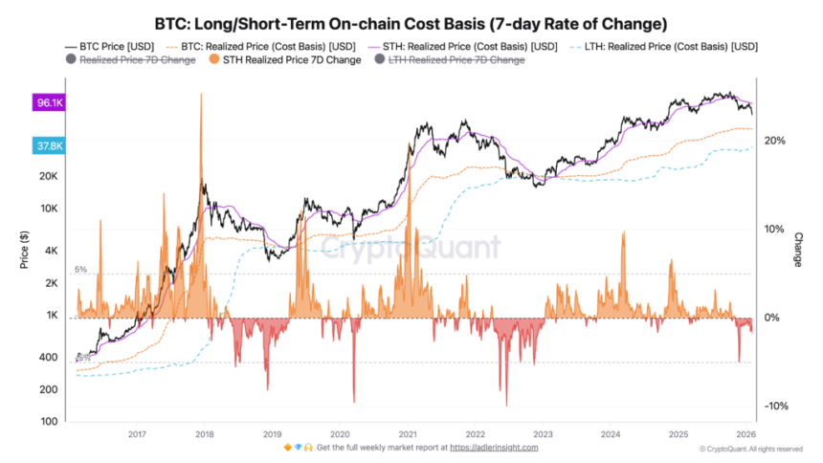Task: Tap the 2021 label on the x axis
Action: point(407,430)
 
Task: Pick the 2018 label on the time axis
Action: point(204,430)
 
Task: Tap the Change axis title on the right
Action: point(798,249)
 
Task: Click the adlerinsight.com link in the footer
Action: point(495,447)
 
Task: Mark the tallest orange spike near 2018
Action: point(201,96)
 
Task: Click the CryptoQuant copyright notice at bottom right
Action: point(750,448)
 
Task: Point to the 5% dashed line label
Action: point(81,270)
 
